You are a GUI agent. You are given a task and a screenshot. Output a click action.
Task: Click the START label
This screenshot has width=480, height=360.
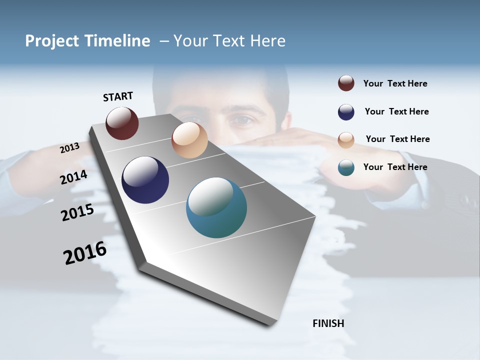[118, 96]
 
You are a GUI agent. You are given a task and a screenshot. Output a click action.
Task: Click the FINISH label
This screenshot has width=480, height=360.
[328, 323]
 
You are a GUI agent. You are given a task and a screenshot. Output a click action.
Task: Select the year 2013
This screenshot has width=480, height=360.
[69, 148]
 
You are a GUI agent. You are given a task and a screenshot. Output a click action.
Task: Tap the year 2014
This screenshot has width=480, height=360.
[74, 177]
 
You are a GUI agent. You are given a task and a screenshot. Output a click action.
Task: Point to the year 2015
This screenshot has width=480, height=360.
[77, 212]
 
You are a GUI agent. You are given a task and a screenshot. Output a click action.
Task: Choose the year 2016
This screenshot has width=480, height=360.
[85, 253]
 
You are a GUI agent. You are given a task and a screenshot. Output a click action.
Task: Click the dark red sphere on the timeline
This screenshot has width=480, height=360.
[122, 123]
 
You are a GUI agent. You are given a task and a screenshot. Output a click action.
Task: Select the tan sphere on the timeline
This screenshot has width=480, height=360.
[189, 140]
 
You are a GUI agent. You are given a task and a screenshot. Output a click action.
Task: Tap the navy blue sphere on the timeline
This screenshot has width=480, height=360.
[145, 180]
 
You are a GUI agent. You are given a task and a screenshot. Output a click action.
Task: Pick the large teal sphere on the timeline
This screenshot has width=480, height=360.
[216, 207]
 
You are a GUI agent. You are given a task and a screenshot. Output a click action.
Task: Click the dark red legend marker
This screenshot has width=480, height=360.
[346, 83]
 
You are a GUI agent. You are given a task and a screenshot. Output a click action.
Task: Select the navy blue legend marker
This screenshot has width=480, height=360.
[346, 112]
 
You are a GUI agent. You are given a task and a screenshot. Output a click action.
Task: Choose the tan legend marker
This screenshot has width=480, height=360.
[346, 140]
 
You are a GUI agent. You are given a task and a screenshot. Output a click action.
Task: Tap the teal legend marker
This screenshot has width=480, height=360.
[346, 167]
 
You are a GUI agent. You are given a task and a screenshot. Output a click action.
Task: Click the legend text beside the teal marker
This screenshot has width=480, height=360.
[395, 167]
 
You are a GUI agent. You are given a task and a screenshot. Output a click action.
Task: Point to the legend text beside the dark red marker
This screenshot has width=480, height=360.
[395, 83]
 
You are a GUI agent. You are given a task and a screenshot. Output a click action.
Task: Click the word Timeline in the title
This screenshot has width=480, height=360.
[117, 41]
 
